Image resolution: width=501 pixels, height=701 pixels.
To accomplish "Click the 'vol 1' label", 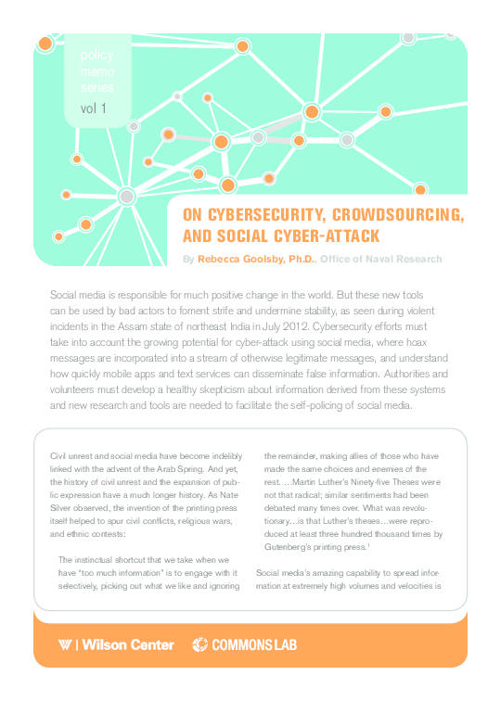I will (x=94, y=108).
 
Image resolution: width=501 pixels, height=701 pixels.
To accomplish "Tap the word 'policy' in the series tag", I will (x=96, y=57).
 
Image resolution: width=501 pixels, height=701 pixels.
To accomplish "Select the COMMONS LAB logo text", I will (x=256, y=644).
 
